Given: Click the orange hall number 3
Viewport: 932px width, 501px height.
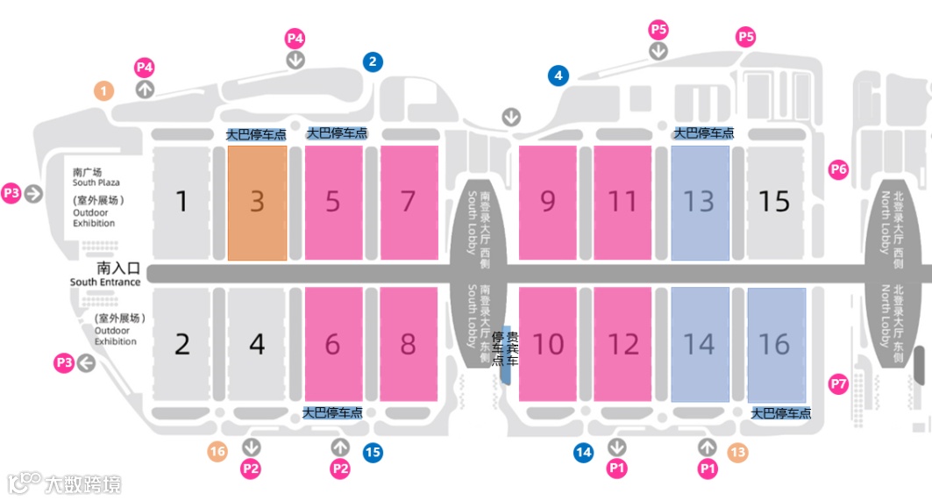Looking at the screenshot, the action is pyautogui.click(x=257, y=202).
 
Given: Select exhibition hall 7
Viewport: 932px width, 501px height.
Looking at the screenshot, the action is pyautogui.click(x=408, y=202).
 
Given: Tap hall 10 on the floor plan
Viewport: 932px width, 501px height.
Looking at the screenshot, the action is pyautogui.click(x=548, y=344).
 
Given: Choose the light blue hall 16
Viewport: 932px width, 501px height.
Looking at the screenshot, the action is pyautogui.click(x=775, y=344).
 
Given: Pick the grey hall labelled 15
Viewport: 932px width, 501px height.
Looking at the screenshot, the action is pyautogui.click(x=774, y=202).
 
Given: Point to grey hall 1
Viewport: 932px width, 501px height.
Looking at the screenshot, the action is pyautogui.click(x=181, y=202).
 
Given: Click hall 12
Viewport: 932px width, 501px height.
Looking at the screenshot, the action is pyautogui.click(x=623, y=344).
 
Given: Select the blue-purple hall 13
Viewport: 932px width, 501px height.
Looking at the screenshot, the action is pyautogui.click(x=699, y=202).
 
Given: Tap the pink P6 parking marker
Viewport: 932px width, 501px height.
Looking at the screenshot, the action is pyautogui.click(x=839, y=169).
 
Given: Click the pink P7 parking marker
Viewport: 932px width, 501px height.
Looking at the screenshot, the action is pyautogui.click(x=839, y=383).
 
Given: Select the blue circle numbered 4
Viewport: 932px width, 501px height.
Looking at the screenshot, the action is pyautogui.click(x=558, y=75).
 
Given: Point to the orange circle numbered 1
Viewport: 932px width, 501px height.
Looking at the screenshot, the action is pyautogui.click(x=104, y=90).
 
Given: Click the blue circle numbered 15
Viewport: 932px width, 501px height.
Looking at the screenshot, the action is pyautogui.click(x=373, y=452).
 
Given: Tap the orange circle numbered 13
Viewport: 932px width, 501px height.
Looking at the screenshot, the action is pyautogui.click(x=737, y=452).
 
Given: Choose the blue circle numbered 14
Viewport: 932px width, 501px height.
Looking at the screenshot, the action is pyautogui.click(x=584, y=452).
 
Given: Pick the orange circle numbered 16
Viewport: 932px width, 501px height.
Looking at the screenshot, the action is pyautogui.click(x=217, y=452).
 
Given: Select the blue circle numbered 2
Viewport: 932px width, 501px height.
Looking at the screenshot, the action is pyautogui.click(x=373, y=61).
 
